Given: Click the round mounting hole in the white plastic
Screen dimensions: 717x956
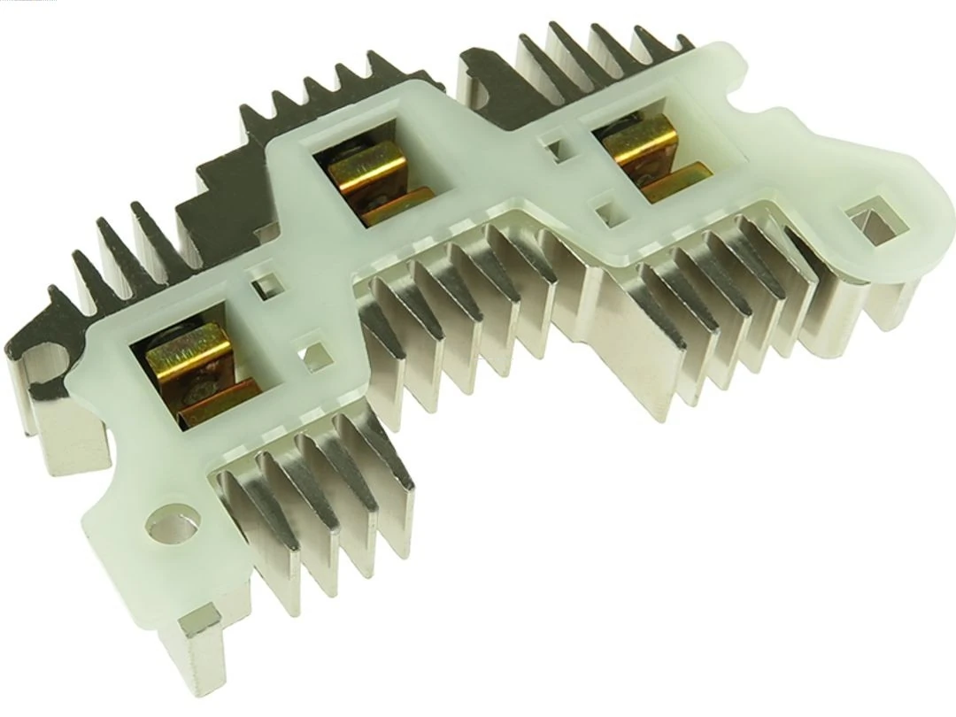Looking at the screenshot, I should [x=171, y=528].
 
